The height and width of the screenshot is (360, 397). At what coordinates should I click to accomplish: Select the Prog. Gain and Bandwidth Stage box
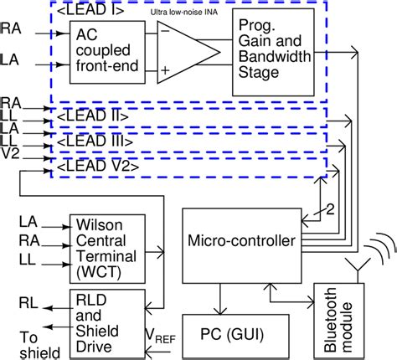click(280, 49)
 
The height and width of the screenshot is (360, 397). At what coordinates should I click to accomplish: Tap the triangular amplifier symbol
click(187, 52)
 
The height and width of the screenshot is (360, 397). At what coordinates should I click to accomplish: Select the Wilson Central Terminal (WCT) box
click(104, 248)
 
